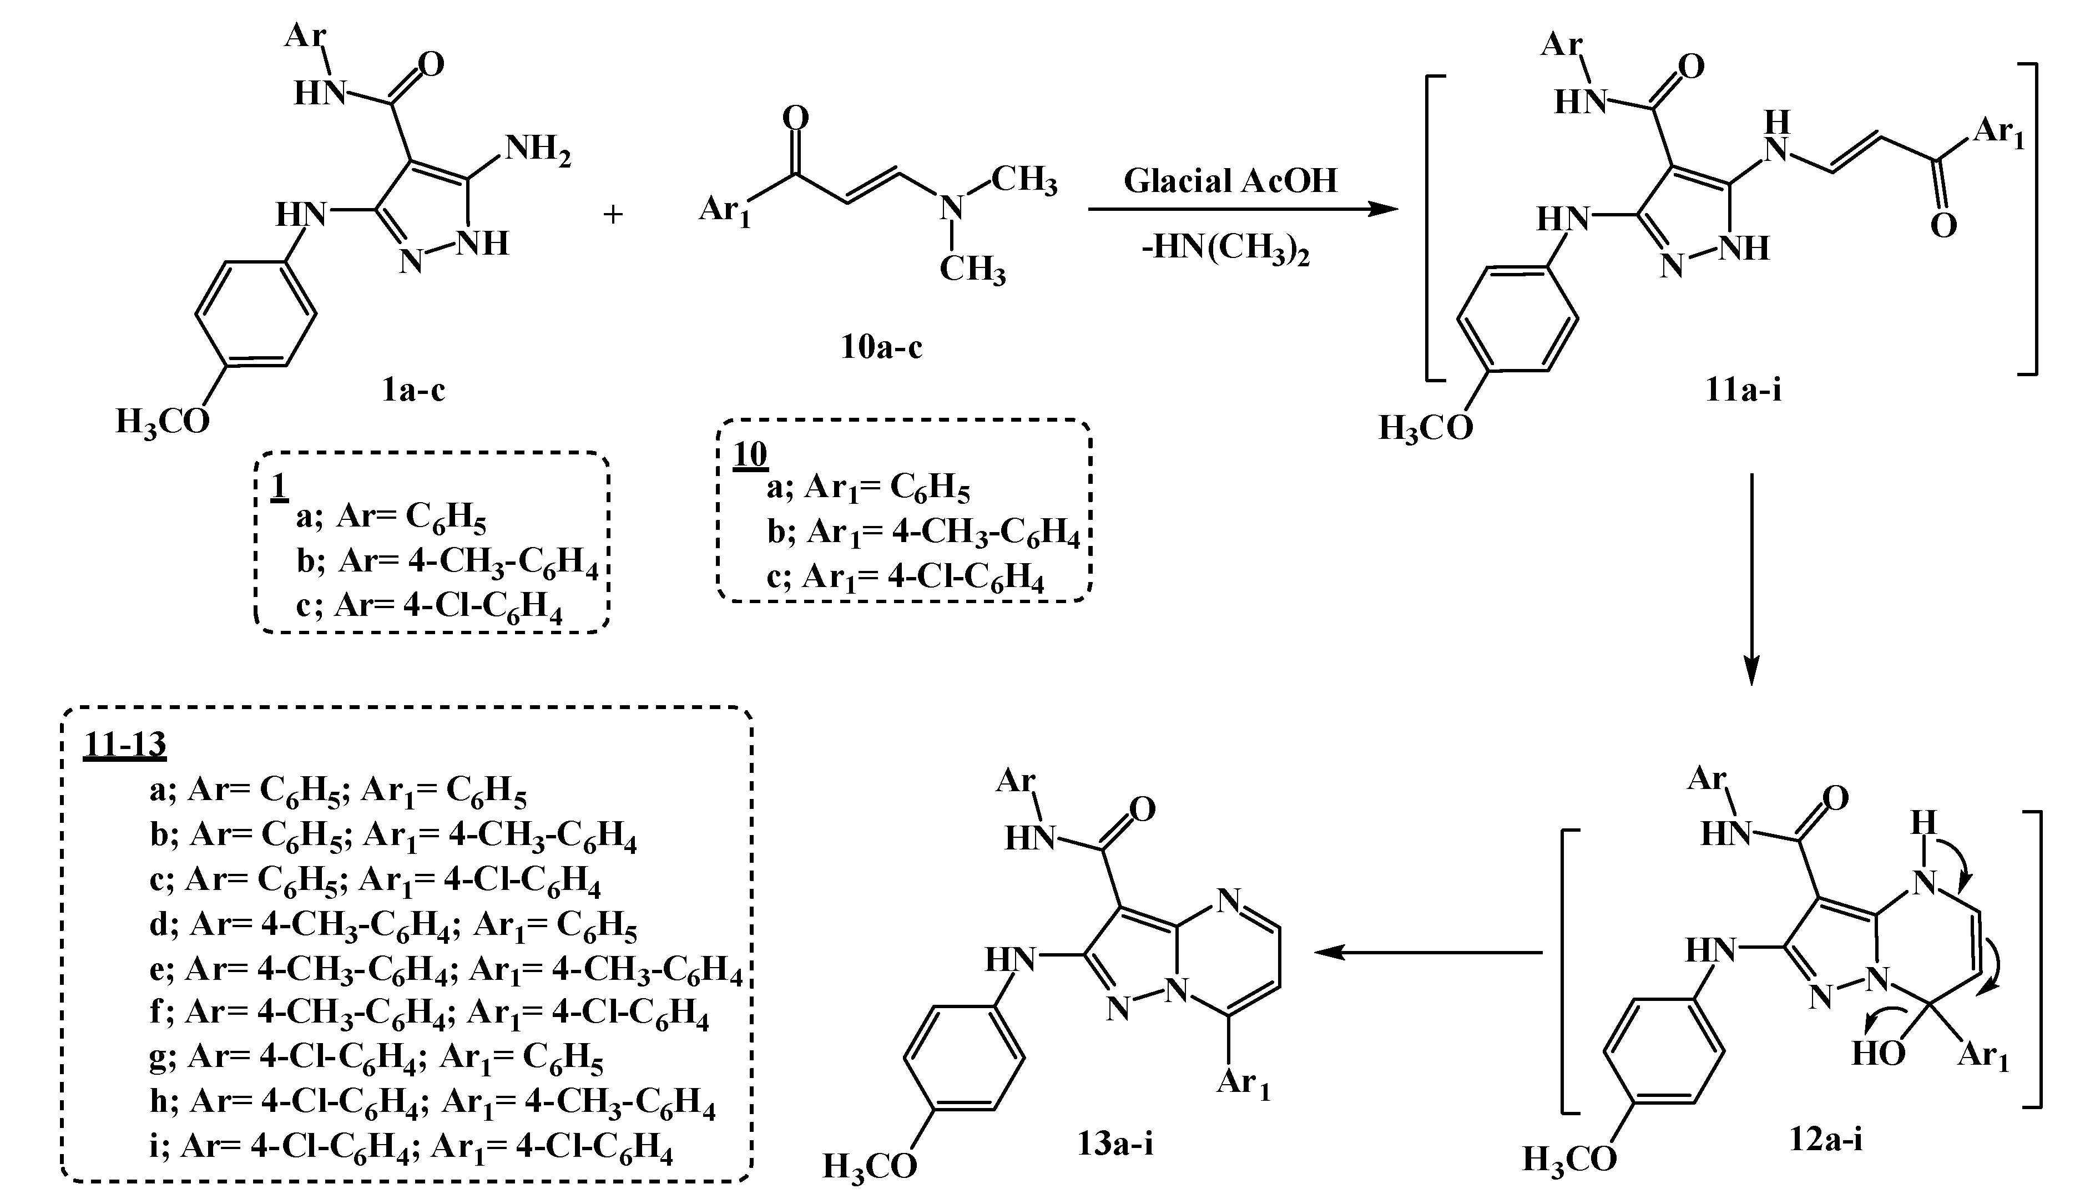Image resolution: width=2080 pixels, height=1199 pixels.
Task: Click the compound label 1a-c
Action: point(413,389)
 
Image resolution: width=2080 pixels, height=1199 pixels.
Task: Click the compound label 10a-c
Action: point(881,347)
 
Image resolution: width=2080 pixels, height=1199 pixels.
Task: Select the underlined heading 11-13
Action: point(124,745)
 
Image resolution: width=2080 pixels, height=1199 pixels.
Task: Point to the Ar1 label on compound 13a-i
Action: point(1243,1083)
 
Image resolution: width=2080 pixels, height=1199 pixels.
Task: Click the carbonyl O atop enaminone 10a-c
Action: point(795,119)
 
